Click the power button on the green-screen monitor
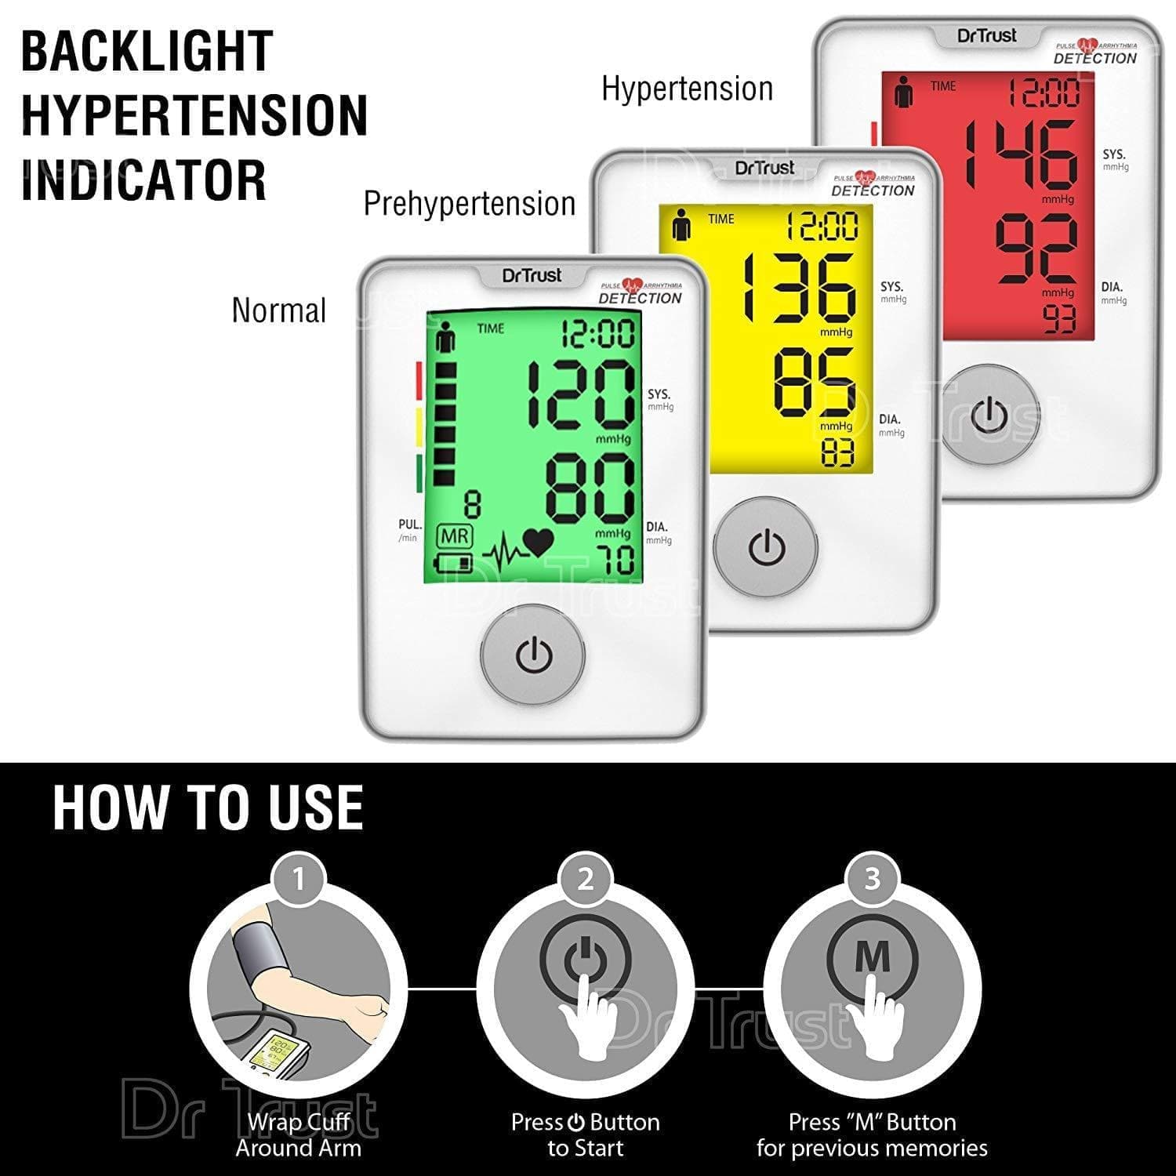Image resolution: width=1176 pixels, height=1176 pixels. (x=533, y=655)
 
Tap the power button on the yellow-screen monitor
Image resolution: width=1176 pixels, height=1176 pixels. (x=766, y=548)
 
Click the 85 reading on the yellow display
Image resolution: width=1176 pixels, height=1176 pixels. (x=815, y=383)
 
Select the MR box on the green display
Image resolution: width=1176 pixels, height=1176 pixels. (x=455, y=537)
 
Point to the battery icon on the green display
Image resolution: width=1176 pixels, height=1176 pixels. (x=455, y=563)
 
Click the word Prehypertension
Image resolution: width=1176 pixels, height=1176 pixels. (x=470, y=204)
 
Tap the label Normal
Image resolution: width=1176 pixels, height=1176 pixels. (x=279, y=310)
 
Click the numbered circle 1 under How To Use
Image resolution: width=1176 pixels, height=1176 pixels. (x=298, y=879)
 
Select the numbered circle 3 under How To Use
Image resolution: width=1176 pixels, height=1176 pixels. (x=872, y=879)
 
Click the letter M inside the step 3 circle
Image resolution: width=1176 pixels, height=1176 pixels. (x=872, y=956)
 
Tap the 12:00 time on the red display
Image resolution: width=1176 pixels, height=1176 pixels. (x=1044, y=93)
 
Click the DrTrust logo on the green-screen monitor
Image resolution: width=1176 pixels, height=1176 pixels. (x=532, y=275)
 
